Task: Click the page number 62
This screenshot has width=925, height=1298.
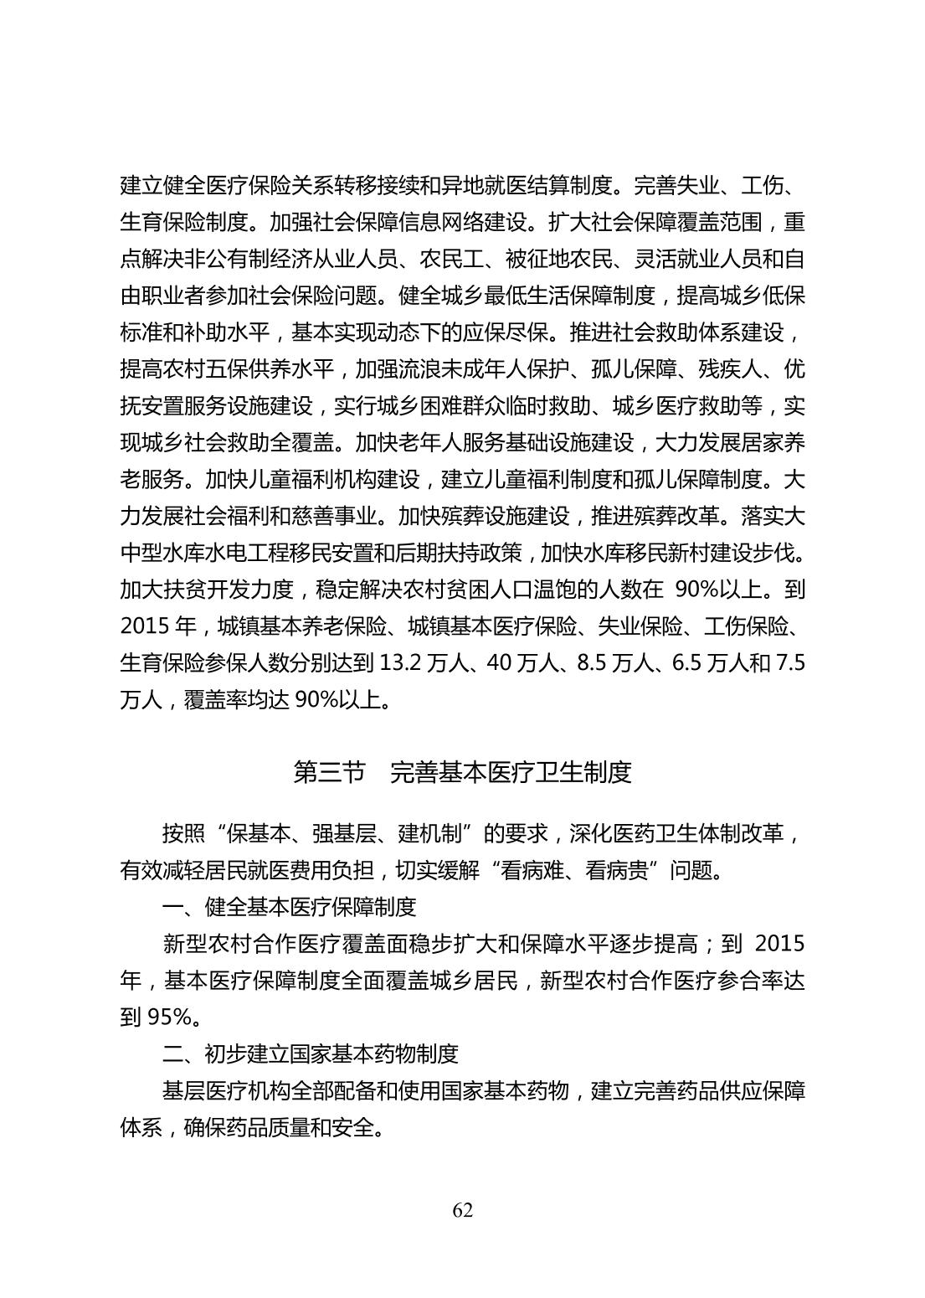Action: pyautogui.click(x=462, y=1210)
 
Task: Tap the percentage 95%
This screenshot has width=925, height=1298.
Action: pyautogui.click(x=171, y=1017)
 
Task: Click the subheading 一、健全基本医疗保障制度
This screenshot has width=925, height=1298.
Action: pyautogui.click(x=289, y=907)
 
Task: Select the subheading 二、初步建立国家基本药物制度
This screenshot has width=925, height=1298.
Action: pyautogui.click(x=311, y=1053)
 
